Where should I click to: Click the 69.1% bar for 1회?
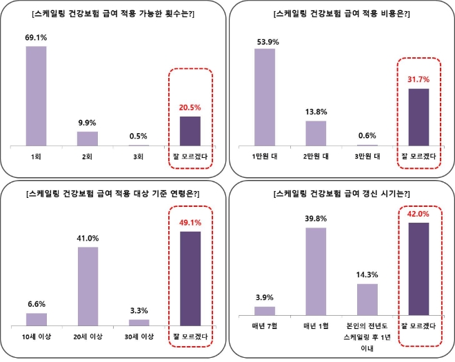[x=36, y=97]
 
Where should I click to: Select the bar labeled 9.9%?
[x=88, y=139]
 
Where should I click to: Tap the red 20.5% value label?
[x=190, y=108]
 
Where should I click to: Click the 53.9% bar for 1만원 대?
[x=265, y=97]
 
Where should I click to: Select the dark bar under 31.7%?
[x=419, y=117]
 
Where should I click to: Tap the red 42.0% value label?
[x=419, y=214]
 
